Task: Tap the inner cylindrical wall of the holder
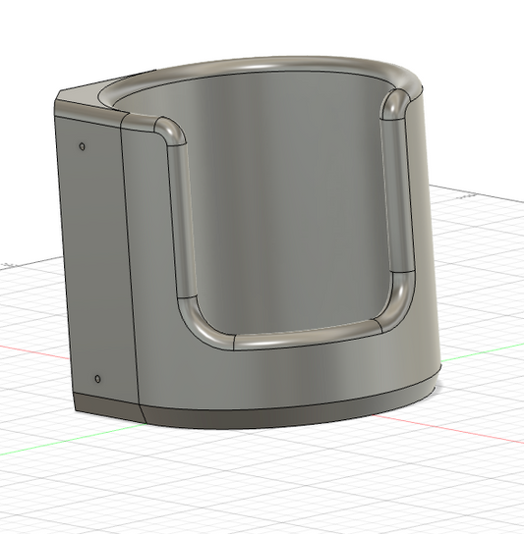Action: pos(285,196)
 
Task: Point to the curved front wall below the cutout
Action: pos(295,378)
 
